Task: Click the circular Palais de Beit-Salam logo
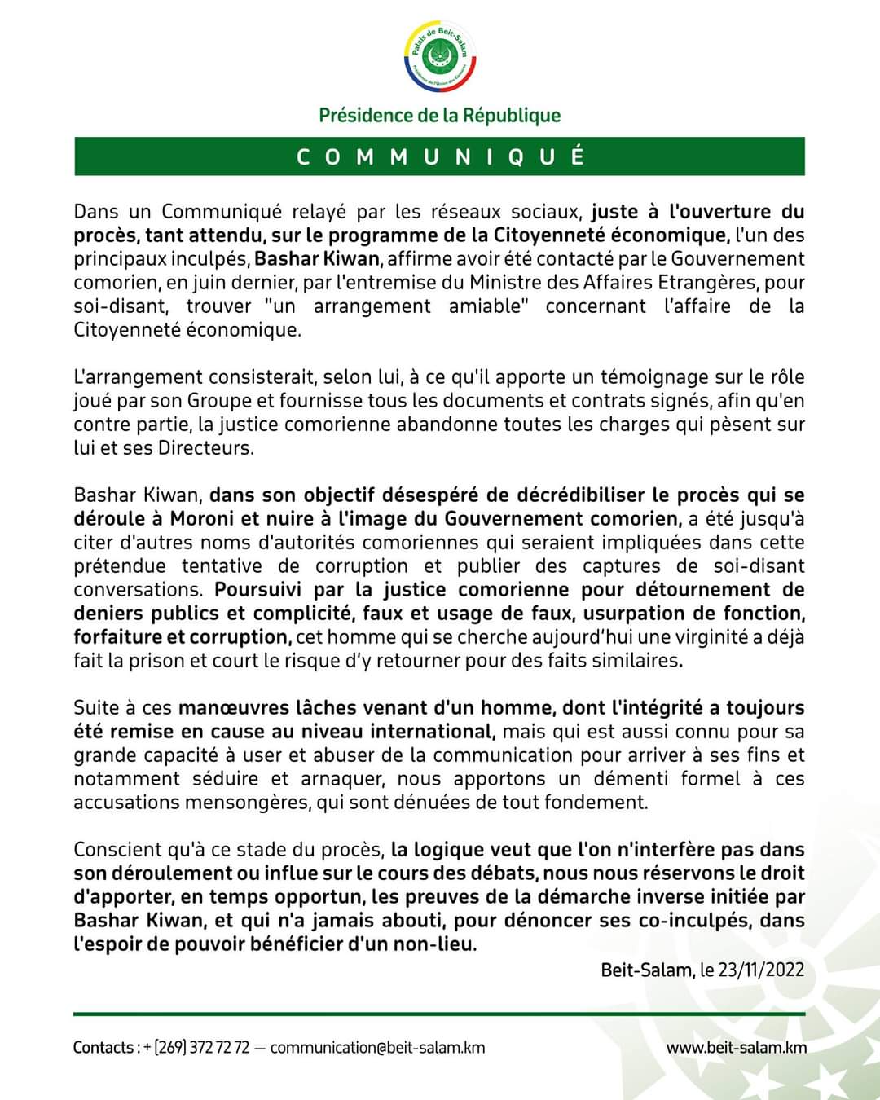click(x=440, y=57)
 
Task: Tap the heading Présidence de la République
click(x=440, y=116)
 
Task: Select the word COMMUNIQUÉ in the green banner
click(x=440, y=156)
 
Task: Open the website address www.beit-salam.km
click(x=737, y=1047)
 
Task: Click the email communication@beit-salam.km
click(x=377, y=1047)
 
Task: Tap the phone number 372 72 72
click(x=219, y=1047)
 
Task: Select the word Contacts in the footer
click(x=103, y=1047)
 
